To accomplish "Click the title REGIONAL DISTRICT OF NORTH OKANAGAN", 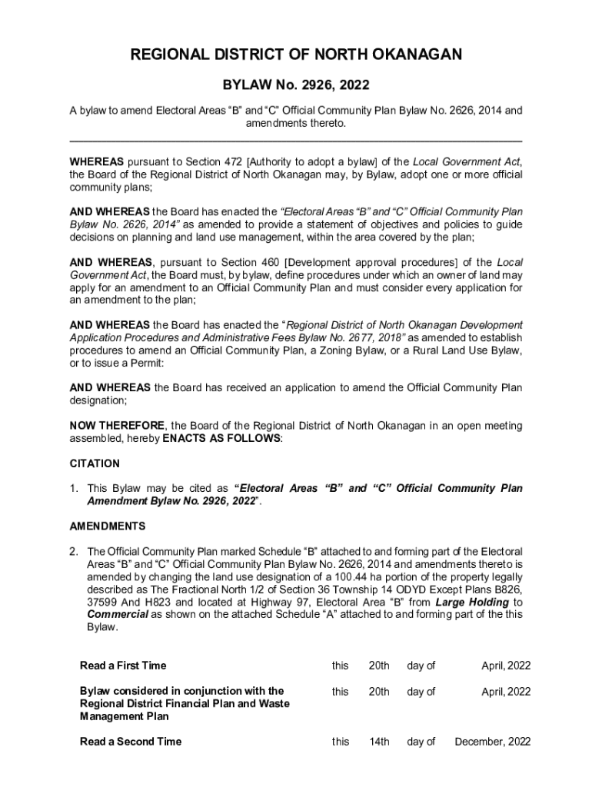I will tap(296, 55).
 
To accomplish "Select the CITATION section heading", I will tap(95, 463).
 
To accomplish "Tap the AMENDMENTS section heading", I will tap(108, 526).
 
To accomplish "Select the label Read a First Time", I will tap(123, 666).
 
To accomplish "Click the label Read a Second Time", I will tap(131, 742).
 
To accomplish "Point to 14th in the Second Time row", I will tap(379, 742).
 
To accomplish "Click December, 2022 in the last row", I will tap(493, 742).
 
